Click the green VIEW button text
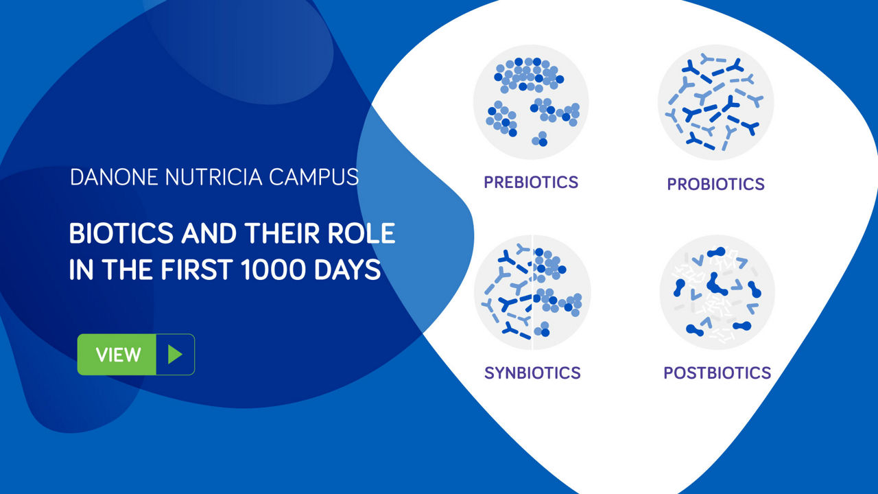[x=119, y=355]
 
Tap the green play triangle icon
[x=175, y=355]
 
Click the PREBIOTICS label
[x=531, y=183]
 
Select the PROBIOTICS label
[x=715, y=185]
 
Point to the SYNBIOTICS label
[x=532, y=373]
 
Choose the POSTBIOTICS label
[x=717, y=373]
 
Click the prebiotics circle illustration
[x=532, y=102]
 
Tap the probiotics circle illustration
[x=715, y=102]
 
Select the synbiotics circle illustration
[x=532, y=292]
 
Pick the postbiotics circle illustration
[x=717, y=292]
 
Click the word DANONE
[x=114, y=177]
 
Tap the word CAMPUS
[x=313, y=177]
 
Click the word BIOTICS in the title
[x=121, y=233]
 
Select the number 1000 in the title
[x=273, y=270]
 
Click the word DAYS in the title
[x=347, y=270]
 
